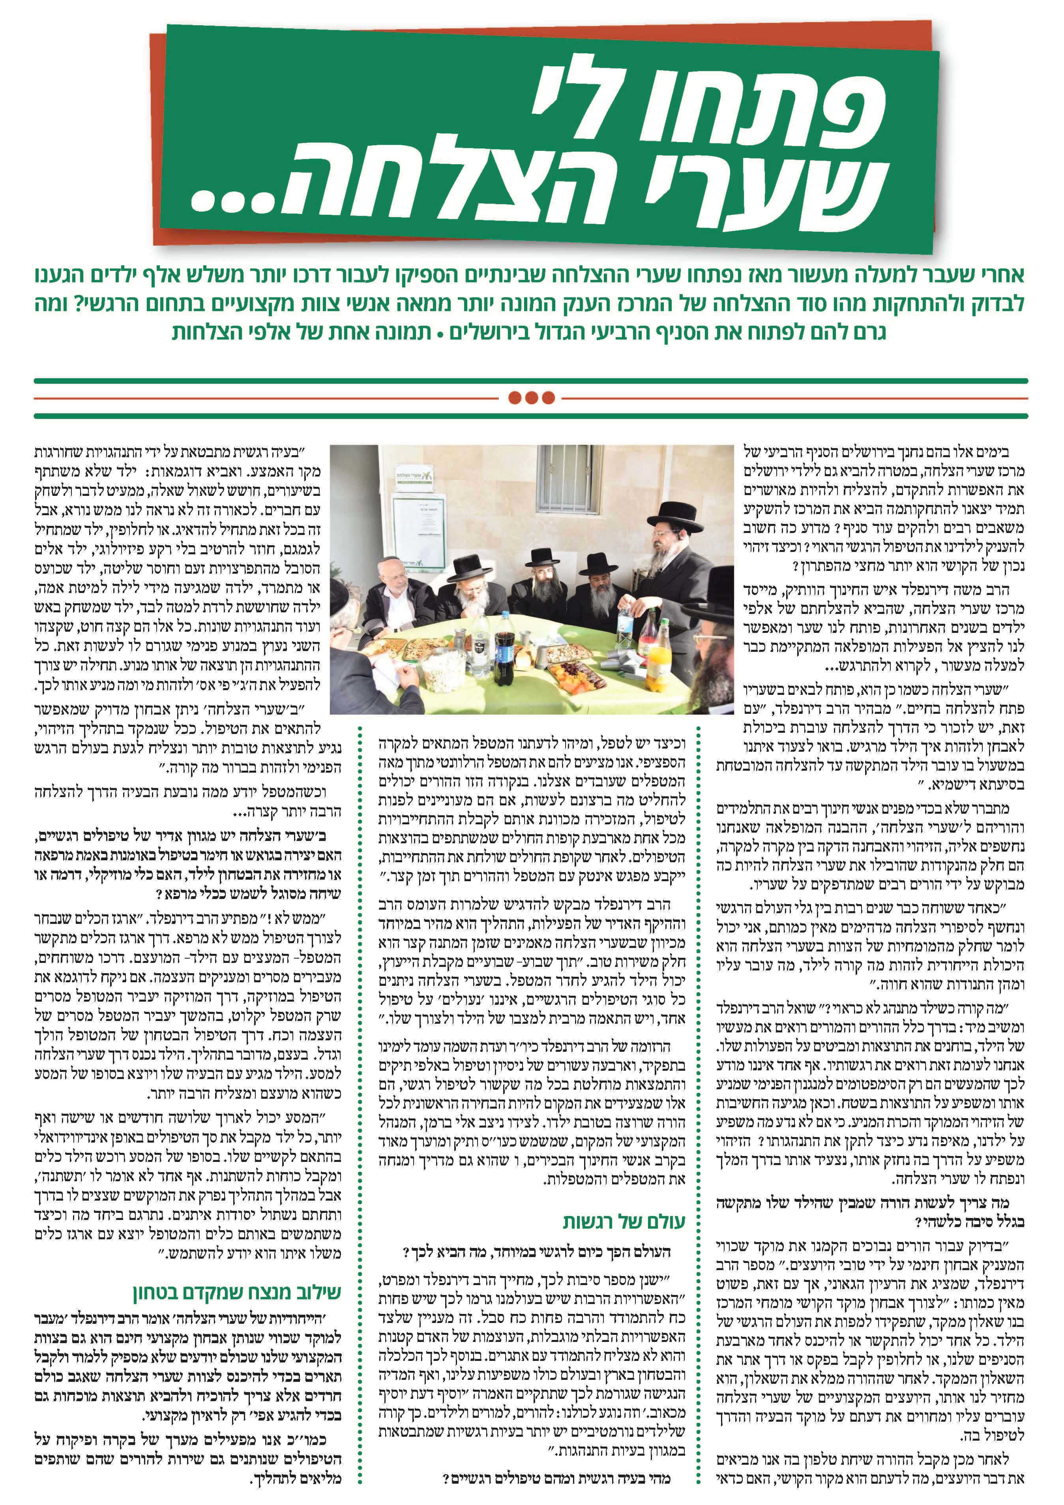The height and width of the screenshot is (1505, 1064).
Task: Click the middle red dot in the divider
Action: click(531, 397)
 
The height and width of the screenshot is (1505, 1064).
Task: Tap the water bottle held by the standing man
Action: click(626, 619)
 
